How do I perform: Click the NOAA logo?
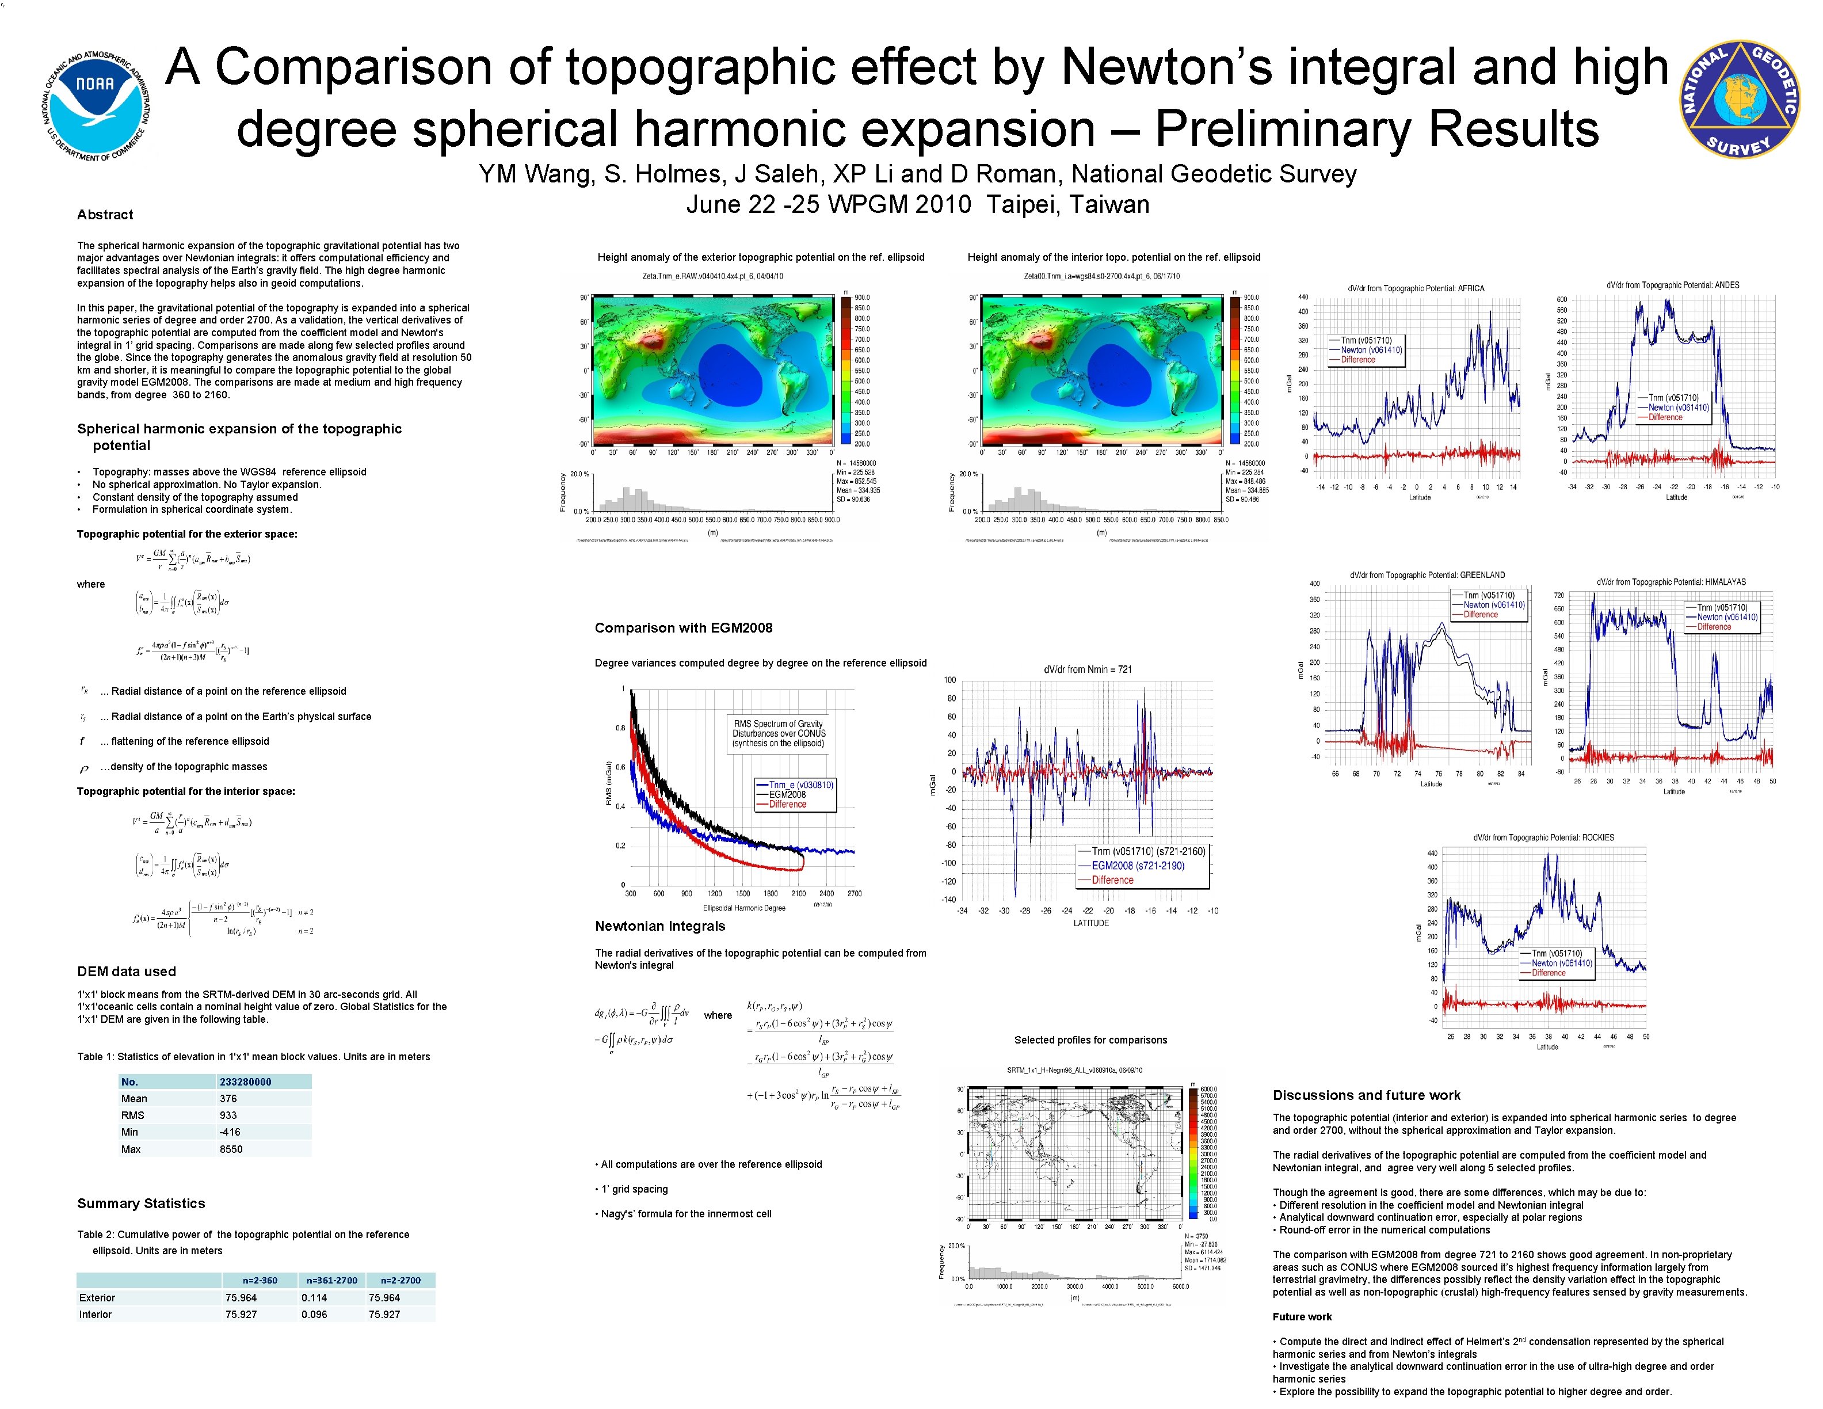click(x=96, y=104)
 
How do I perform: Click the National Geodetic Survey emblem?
click(x=1738, y=100)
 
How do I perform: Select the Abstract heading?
click(x=105, y=215)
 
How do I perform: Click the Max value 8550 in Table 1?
click(x=231, y=1149)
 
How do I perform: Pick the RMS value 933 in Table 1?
click(x=228, y=1115)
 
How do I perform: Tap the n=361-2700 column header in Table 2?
click(x=331, y=1279)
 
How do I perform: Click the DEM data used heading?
click(x=126, y=972)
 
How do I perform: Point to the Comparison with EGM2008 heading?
click(x=683, y=628)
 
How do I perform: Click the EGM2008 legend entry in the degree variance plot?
click(x=787, y=795)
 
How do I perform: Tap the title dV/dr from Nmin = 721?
click(x=1088, y=669)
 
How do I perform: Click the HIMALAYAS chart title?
click(x=1671, y=582)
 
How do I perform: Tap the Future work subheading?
click(x=1301, y=1316)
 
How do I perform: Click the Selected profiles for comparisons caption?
click(x=1090, y=1040)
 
